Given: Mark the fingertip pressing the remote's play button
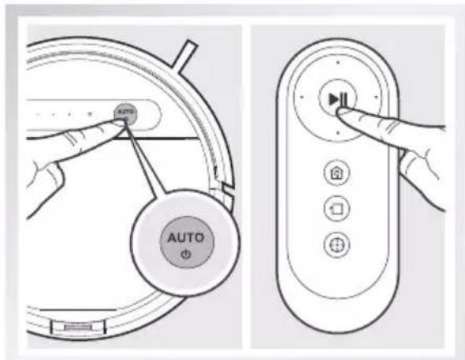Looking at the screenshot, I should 341,114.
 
